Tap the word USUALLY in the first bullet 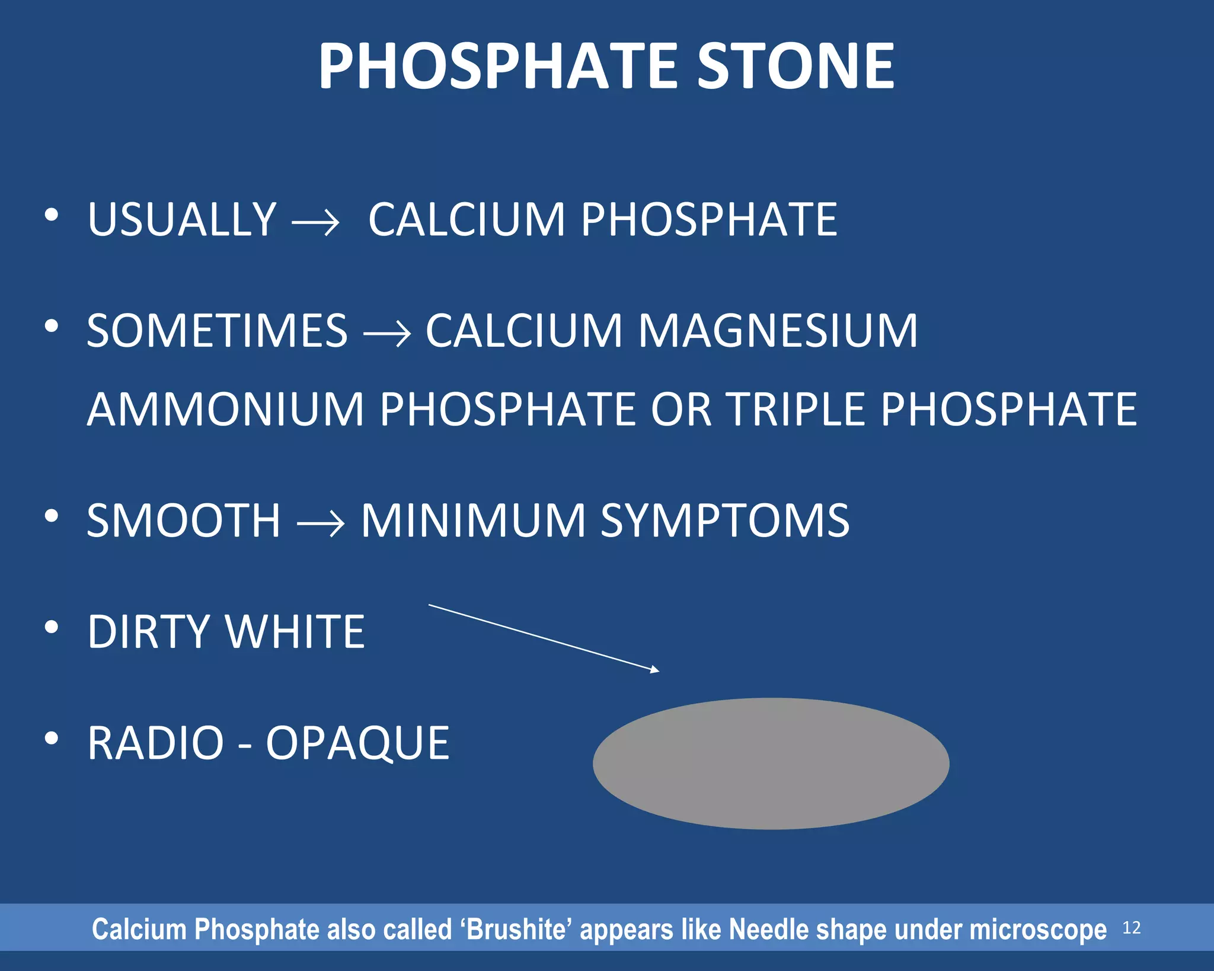pyautogui.click(x=181, y=220)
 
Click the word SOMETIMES pyautogui.click(x=217, y=331)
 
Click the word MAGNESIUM pyautogui.click(x=777, y=331)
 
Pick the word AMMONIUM pyautogui.click(x=225, y=409)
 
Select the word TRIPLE pyautogui.click(x=796, y=409)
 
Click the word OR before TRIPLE pyautogui.click(x=681, y=409)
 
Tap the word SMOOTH pyautogui.click(x=183, y=520)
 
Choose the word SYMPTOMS pyautogui.click(x=724, y=520)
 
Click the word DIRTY pyautogui.click(x=148, y=632)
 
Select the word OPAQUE pyautogui.click(x=357, y=743)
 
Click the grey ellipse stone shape pyautogui.click(x=771, y=764)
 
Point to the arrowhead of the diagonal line pyautogui.click(x=655, y=670)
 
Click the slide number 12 pyautogui.click(x=1131, y=928)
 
